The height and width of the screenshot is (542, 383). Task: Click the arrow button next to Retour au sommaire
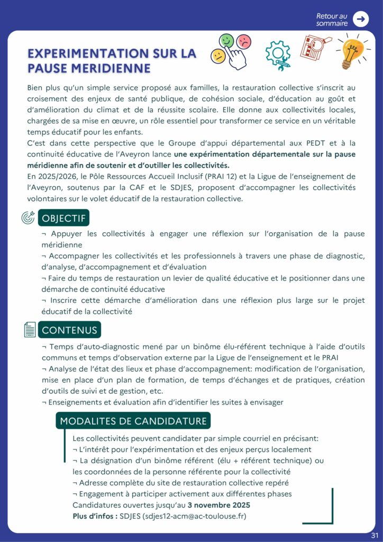pos(361,19)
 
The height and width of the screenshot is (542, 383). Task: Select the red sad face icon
pos(243,41)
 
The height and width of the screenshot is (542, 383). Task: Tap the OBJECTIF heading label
pos(64,219)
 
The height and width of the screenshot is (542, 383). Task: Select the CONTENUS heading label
pos(69,330)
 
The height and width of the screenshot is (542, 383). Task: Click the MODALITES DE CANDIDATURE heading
pos(133,421)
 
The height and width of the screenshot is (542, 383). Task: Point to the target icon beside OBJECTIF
pos(28,218)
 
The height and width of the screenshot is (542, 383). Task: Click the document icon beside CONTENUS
pos(30,330)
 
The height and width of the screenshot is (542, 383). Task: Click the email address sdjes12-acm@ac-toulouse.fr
pos(195,516)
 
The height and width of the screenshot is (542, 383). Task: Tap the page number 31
pos(375,535)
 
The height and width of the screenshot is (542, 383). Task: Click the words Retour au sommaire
pos(332,20)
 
